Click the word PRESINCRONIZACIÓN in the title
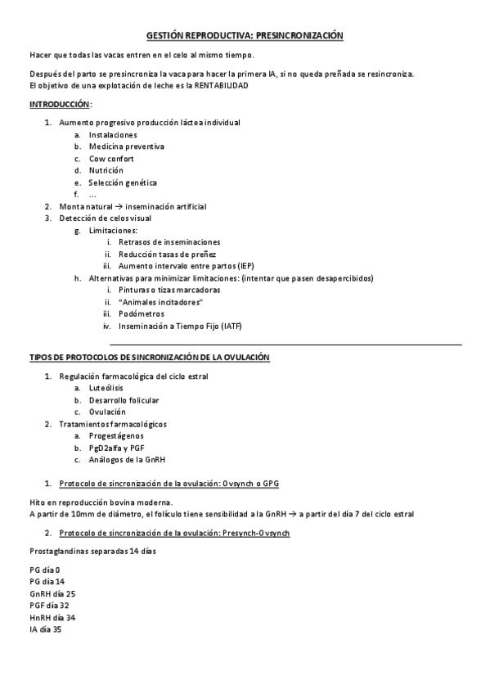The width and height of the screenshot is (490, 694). click(x=299, y=36)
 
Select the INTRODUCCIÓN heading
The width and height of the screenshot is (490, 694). click(x=60, y=105)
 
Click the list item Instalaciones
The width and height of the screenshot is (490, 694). click(x=113, y=135)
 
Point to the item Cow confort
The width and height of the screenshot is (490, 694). click(x=111, y=159)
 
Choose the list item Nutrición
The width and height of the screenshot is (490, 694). click(x=106, y=170)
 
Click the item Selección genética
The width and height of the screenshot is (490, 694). click(x=123, y=183)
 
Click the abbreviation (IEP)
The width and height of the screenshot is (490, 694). click(x=246, y=267)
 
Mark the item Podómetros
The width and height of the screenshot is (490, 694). click(x=141, y=313)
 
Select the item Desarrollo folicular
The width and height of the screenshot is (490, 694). click(x=124, y=400)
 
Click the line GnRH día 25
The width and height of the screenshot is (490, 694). click(x=52, y=593)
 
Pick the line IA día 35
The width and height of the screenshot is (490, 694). click(x=45, y=629)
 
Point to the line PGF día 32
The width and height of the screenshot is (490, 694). click(x=49, y=606)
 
